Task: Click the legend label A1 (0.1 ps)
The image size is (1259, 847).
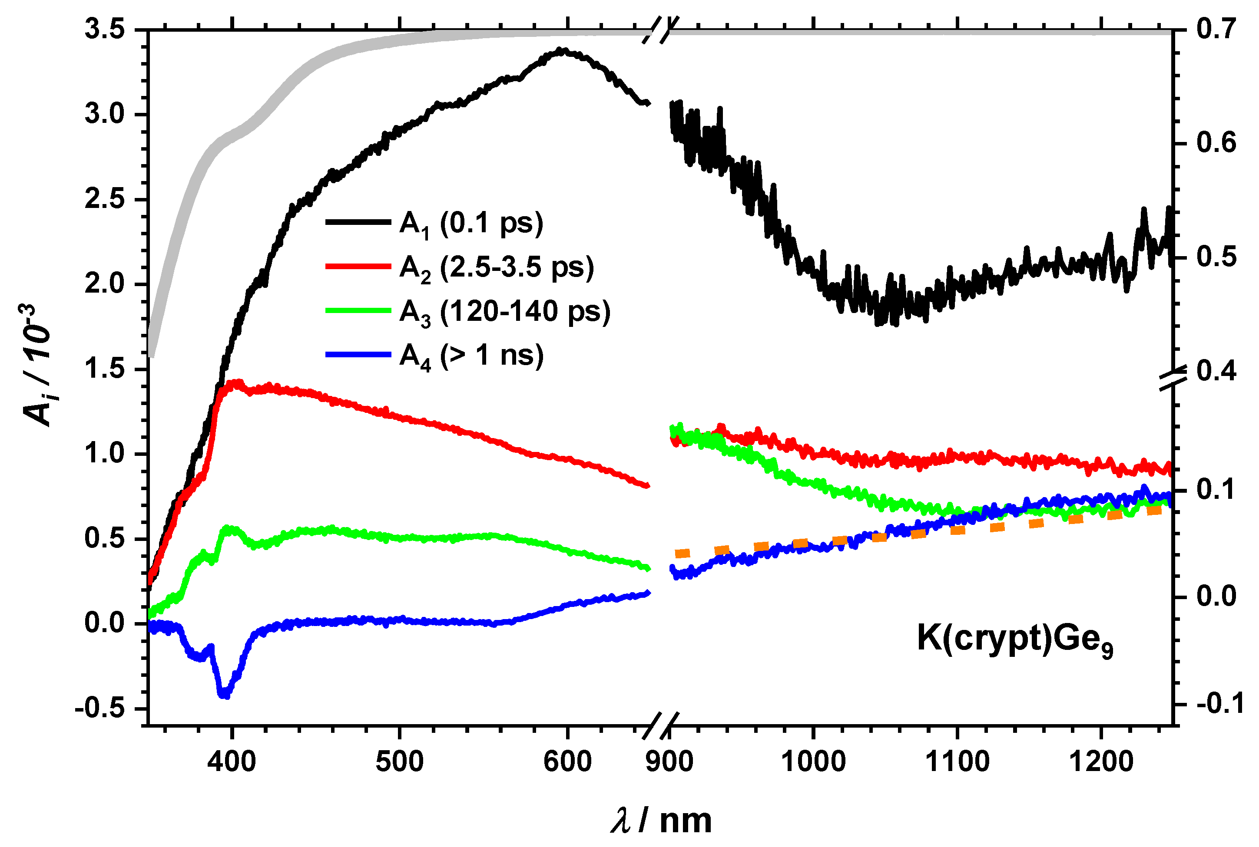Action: click(x=471, y=224)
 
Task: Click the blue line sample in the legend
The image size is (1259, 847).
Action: click(x=358, y=355)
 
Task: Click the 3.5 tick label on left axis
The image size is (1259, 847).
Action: click(x=104, y=29)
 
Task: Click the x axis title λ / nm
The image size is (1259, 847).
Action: click(x=661, y=821)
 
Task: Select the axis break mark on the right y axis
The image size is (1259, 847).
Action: click(x=1173, y=378)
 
